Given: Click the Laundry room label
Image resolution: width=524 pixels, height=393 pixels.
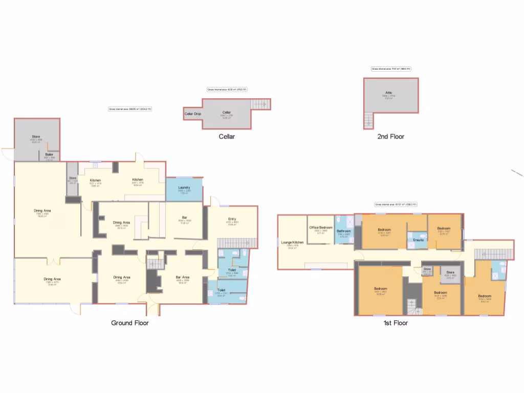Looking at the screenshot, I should tap(184, 188).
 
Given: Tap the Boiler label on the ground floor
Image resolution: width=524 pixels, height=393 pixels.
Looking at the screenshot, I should tap(49, 154).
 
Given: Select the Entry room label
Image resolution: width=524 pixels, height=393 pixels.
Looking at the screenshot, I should tap(232, 219).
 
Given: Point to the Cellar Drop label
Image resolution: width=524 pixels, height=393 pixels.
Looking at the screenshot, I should tap(193, 114).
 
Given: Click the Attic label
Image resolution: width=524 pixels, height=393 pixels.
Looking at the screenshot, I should tap(389, 93).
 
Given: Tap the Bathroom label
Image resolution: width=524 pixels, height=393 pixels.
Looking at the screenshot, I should tap(344, 231).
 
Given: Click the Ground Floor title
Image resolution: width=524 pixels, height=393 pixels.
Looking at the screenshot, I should tap(130, 323).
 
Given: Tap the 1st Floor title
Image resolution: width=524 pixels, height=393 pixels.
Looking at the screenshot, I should tap(396, 323).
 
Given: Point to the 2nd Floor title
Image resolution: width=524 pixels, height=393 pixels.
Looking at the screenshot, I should tap(390, 137).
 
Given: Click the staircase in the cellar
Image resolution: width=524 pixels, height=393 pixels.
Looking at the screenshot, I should tap(260, 104).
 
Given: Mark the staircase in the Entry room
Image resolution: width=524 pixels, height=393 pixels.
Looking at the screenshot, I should tap(236, 242).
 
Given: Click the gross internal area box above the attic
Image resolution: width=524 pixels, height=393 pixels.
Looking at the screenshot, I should tap(391, 69).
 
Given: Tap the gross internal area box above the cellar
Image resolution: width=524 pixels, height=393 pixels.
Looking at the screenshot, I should tap(227, 90).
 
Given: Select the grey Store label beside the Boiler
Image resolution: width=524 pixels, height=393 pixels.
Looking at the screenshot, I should tap(36, 137).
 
